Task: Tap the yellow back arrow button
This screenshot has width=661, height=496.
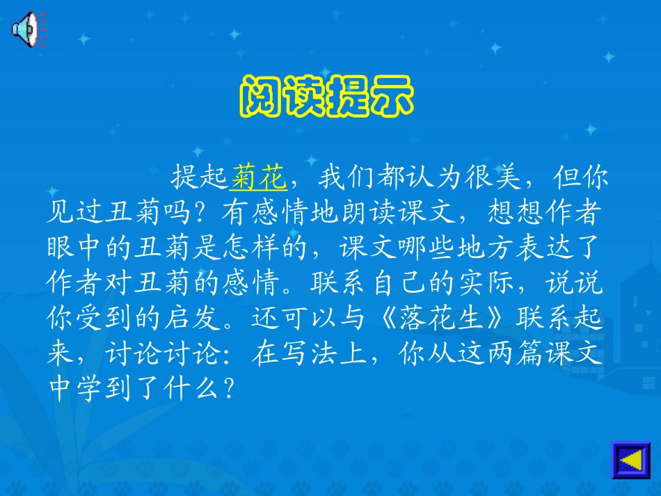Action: pos(630,460)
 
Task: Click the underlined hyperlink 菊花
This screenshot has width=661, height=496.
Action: pos(258,179)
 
